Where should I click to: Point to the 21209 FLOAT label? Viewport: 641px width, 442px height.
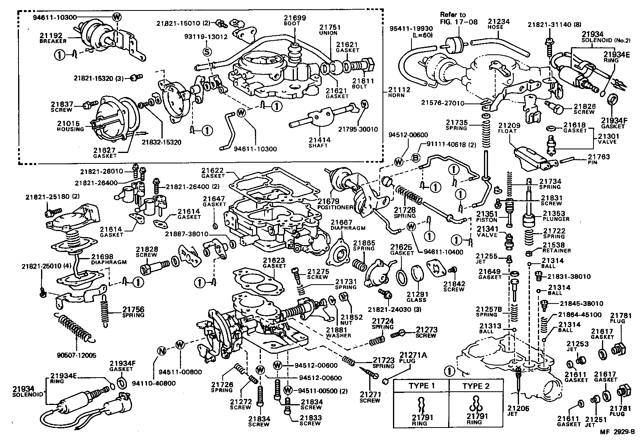[x=509, y=128]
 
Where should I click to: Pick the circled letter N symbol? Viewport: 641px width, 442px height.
[x=161, y=351]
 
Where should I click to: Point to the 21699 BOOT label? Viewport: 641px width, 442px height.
[x=294, y=21]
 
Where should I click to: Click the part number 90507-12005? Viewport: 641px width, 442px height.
[x=77, y=355]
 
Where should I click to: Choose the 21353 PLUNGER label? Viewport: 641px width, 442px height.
[x=556, y=216]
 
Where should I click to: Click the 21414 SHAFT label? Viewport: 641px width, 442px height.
[x=319, y=142]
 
